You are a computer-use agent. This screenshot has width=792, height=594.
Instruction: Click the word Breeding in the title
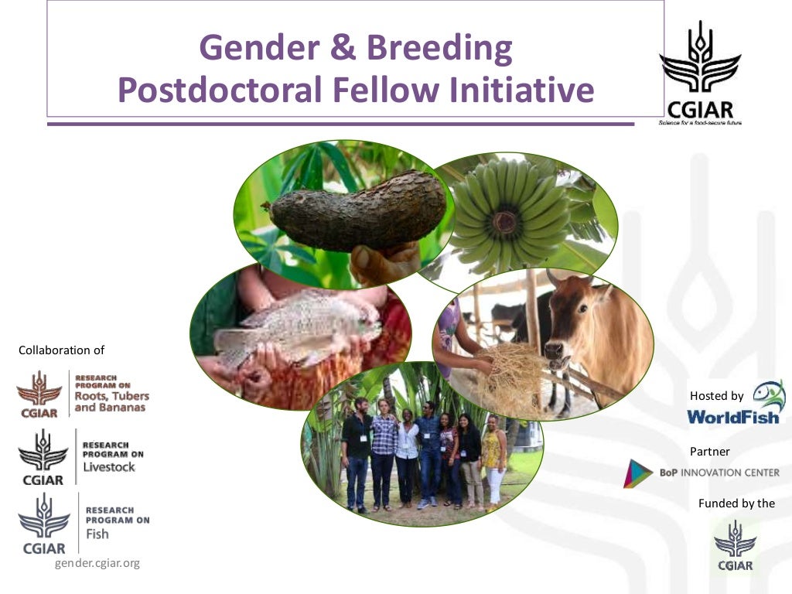[439, 49]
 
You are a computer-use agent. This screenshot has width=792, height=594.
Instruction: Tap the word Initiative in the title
[522, 90]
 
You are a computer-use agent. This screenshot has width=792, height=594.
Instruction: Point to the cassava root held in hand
[356, 213]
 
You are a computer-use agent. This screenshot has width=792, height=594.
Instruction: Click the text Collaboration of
[61, 350]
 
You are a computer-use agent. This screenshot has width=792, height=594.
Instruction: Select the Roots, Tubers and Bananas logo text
[111, 396]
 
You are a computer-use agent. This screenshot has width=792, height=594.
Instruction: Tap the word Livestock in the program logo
[109, 466]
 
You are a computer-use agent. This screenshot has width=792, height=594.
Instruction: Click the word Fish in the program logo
[97, 534]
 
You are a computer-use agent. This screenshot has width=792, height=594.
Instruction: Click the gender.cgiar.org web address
[97, 563]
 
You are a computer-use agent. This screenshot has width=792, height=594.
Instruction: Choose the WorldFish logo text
[732, 417]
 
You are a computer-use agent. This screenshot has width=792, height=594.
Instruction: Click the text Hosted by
[717, 396]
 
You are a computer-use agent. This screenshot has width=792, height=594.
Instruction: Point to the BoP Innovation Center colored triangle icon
[637, 473]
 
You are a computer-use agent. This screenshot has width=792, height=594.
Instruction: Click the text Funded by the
[736, 504]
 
